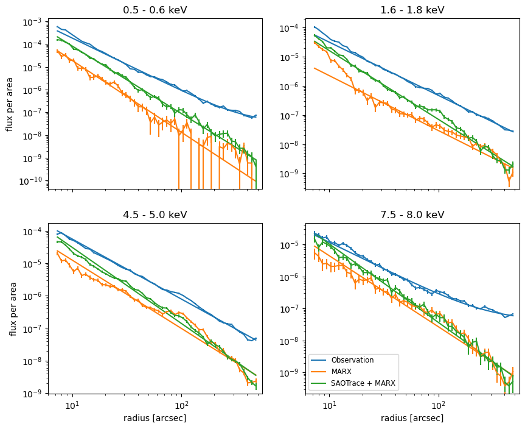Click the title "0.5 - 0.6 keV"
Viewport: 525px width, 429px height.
point(155,10)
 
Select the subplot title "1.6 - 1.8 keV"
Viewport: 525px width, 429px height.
point(412,10)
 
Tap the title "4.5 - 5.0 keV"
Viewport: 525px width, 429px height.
point(155,214)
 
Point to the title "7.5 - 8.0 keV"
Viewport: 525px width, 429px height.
point(412,214)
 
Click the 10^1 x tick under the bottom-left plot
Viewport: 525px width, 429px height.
point(72,405)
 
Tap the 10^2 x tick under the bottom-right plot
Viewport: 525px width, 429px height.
point(438,405)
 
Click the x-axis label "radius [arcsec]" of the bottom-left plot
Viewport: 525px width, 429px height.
point(155,418)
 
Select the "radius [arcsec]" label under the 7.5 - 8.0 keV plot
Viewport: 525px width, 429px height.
point(412,418)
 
